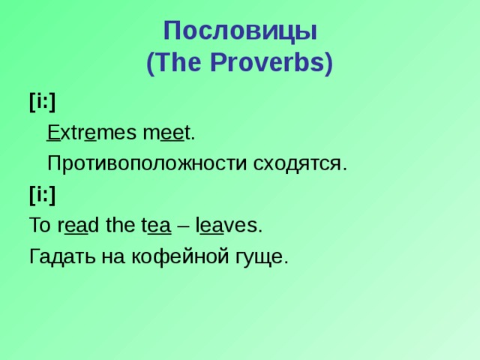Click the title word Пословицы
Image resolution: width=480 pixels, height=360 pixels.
(240, 31)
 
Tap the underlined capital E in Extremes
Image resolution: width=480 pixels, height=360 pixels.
(52, 133)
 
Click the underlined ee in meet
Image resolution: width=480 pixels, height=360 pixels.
(172, 133)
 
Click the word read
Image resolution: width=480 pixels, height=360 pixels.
(77, 225)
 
